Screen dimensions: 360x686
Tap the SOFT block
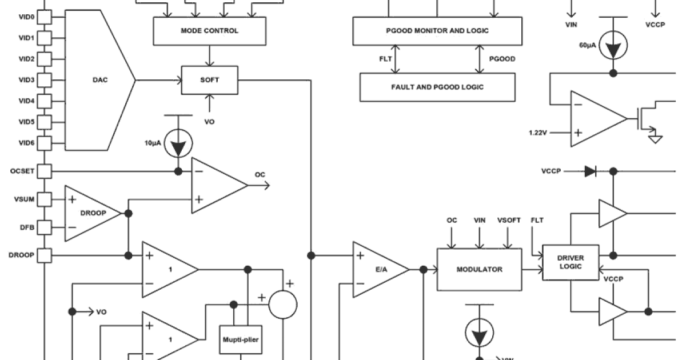tap(209, 80)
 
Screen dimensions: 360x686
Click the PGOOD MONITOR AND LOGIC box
tap(437, 31)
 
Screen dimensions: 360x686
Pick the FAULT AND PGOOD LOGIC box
tap(437, 87)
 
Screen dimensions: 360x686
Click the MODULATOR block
tap(479, 269)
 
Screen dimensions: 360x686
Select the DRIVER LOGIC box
tap(571, 262)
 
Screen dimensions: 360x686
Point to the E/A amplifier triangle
tap(377, 270)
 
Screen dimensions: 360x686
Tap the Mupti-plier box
tap(241, 340)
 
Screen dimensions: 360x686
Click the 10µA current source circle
tap(178, 146)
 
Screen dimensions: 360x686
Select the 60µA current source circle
tap(613, 46)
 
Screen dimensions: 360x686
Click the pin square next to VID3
tap(45, 80)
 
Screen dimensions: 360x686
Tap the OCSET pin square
tap(45, 171)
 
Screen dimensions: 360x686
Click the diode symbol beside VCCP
tap(591, 171)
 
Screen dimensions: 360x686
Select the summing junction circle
tap(283, 304)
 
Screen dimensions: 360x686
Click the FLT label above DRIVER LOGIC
tap(537, 220)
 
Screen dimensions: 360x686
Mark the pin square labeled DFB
tap(45, 227)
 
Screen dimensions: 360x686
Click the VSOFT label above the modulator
tap(509, 220)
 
